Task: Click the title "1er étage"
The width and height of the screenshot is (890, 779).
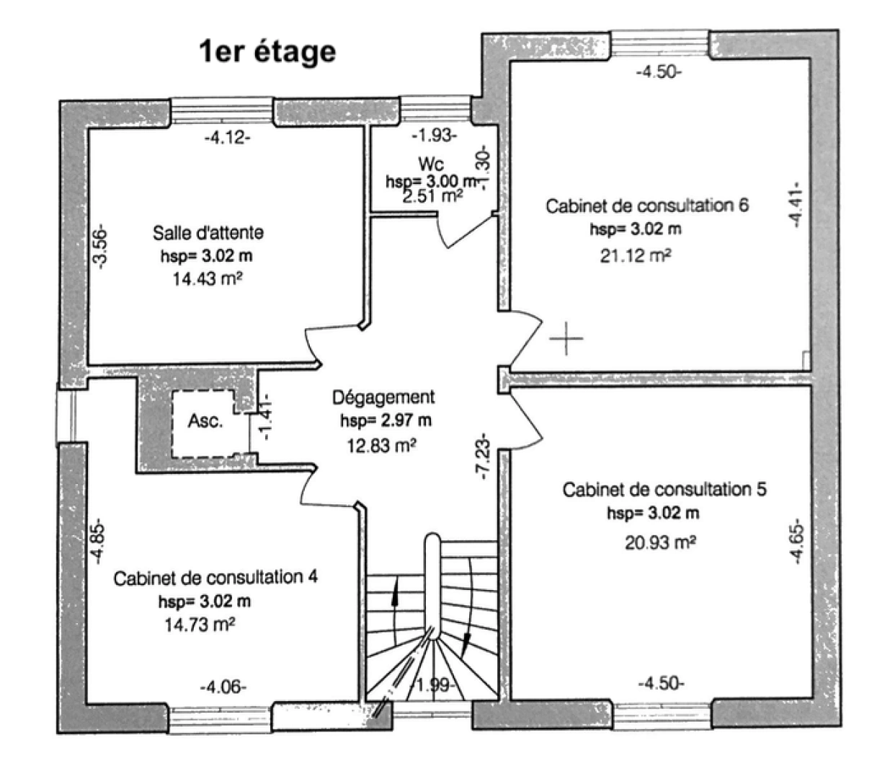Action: point(267,52)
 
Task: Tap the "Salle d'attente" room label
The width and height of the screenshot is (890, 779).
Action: point(208,232)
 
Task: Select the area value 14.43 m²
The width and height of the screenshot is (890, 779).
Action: point(207,279)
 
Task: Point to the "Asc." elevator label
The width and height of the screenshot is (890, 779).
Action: point(205,421)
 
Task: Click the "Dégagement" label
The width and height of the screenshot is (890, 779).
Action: point(383,397)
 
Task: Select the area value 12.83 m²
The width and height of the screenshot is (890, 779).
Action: point(381,446)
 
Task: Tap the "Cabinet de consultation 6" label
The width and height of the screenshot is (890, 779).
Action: point(646,206)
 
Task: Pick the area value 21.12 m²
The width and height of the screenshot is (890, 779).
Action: point(636,255)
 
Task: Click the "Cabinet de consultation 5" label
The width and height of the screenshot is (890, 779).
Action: point(664,490)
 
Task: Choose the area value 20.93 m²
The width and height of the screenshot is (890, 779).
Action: point(659,542)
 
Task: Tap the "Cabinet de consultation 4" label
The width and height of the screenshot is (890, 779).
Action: point(215,578)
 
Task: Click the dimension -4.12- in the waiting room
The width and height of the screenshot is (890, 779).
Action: point(228,137)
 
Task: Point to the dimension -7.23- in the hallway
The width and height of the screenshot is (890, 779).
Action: point(482,456)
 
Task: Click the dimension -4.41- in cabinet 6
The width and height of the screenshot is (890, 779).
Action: point(796,204)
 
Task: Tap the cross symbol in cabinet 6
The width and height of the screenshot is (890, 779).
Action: point(566,338)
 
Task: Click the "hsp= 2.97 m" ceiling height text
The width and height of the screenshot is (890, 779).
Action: point(386,421)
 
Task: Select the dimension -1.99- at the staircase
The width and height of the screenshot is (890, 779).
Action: point(433,685)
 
